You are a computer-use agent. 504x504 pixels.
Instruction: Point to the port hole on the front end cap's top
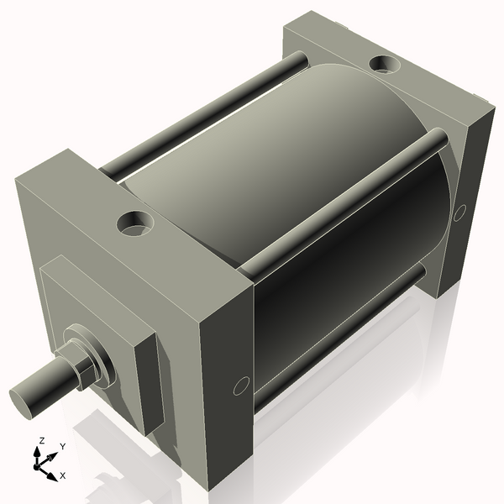[x=134, y=223]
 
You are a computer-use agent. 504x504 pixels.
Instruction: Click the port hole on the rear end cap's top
[x=386, y=63]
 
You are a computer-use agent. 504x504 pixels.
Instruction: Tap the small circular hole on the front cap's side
[x=241, y=386]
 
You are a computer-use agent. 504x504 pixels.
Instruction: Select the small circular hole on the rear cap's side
[x=459, y=213]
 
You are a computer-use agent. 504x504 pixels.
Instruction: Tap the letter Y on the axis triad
[x=63, y=447]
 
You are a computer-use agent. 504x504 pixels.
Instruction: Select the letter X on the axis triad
[x=62, y=475]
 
